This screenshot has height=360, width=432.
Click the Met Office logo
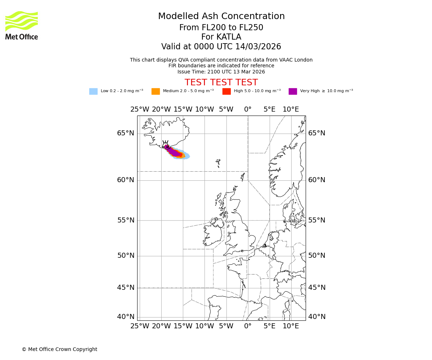(x=22, y=25)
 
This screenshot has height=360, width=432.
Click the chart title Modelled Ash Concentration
(x=221, y=16)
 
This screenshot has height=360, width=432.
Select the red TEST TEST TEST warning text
(x=221, y=82)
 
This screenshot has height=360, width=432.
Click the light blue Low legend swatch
(x=93, y=91)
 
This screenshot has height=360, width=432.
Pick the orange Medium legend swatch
(x=156, y=91)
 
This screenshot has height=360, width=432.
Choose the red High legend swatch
(x=226, y=91)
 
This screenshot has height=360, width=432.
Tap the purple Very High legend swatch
(x=293, y=91)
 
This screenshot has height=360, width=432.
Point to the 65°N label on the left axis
(x=126, y=133)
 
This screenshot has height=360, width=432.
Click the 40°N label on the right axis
(x=317, y=317)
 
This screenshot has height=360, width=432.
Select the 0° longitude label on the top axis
(x=248, y=109)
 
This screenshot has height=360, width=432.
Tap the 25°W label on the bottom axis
(x=140, y=326)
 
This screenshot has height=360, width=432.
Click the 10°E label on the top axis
(x=291, y=109)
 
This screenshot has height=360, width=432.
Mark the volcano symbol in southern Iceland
(x=166, y=145)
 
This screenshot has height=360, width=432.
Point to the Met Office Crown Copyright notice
(x=59, y=349)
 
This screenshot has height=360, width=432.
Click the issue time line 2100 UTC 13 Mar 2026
(x=221, y=72)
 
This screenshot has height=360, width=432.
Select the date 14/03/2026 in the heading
(x=258, y=47)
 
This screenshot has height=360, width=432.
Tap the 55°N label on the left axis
(x=126, y=220)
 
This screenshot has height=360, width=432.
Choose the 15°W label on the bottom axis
(x=183, y=326)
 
